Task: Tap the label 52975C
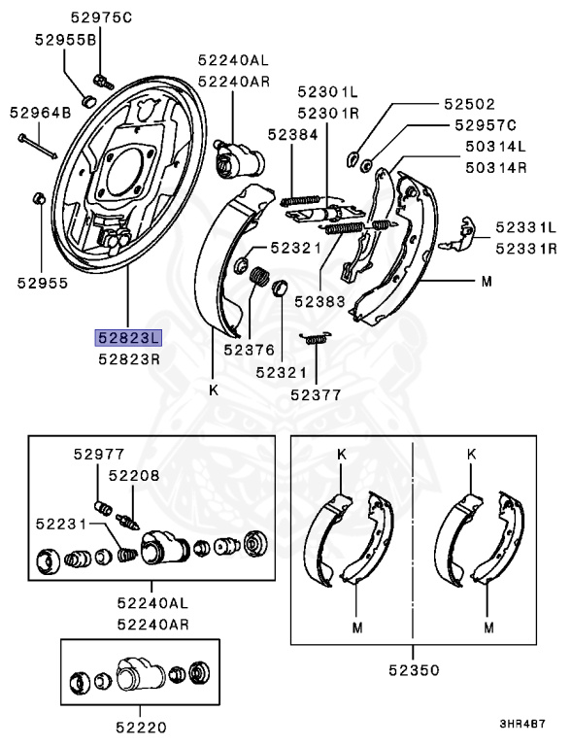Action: (x=102, y=17)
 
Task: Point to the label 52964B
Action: (x=42, y=113)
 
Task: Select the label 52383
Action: (x=319, y=302)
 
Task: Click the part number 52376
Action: (x=249, y=350)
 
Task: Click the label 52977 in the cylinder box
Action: (x=97, y=453)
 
